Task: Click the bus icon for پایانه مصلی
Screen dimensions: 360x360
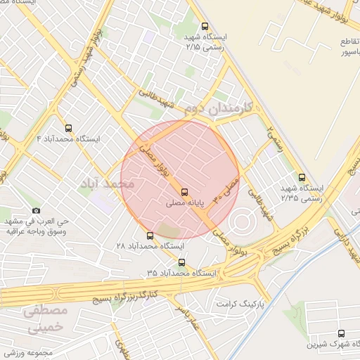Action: click(184, 191)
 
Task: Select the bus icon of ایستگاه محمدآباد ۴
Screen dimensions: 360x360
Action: click(68, 128)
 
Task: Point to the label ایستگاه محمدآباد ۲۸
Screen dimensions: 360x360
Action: click(149, 247)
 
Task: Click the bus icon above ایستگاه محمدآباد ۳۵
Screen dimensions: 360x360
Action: click(182, 262)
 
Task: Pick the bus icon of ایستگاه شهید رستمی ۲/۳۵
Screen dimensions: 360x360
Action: click(302, 178)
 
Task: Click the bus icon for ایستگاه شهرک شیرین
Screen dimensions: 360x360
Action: click(342, 334)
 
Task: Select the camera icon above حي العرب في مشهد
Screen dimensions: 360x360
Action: click(37, 210)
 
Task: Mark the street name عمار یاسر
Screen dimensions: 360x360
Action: click(188, 318)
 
